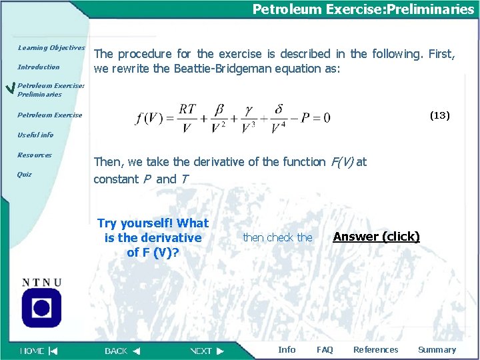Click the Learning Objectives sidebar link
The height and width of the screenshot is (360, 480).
(51, 48)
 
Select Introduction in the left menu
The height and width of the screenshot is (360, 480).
(39, 67)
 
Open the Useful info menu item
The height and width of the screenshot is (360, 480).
(35, 135)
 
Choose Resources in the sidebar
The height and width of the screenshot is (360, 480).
(35, 155)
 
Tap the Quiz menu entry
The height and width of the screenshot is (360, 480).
(25, 175)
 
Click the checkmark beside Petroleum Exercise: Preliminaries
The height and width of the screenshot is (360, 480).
(9, 89)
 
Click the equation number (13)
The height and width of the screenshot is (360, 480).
(440, 115)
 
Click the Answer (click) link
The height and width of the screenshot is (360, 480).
(376, 237)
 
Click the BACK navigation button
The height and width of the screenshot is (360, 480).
(123, 350)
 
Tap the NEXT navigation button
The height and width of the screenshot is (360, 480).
(207, 350)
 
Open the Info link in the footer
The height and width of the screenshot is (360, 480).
(287, 350)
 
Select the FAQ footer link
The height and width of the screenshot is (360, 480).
(325, 350)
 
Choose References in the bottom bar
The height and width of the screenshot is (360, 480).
(375, 350)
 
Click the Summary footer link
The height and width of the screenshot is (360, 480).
(437, 350)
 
